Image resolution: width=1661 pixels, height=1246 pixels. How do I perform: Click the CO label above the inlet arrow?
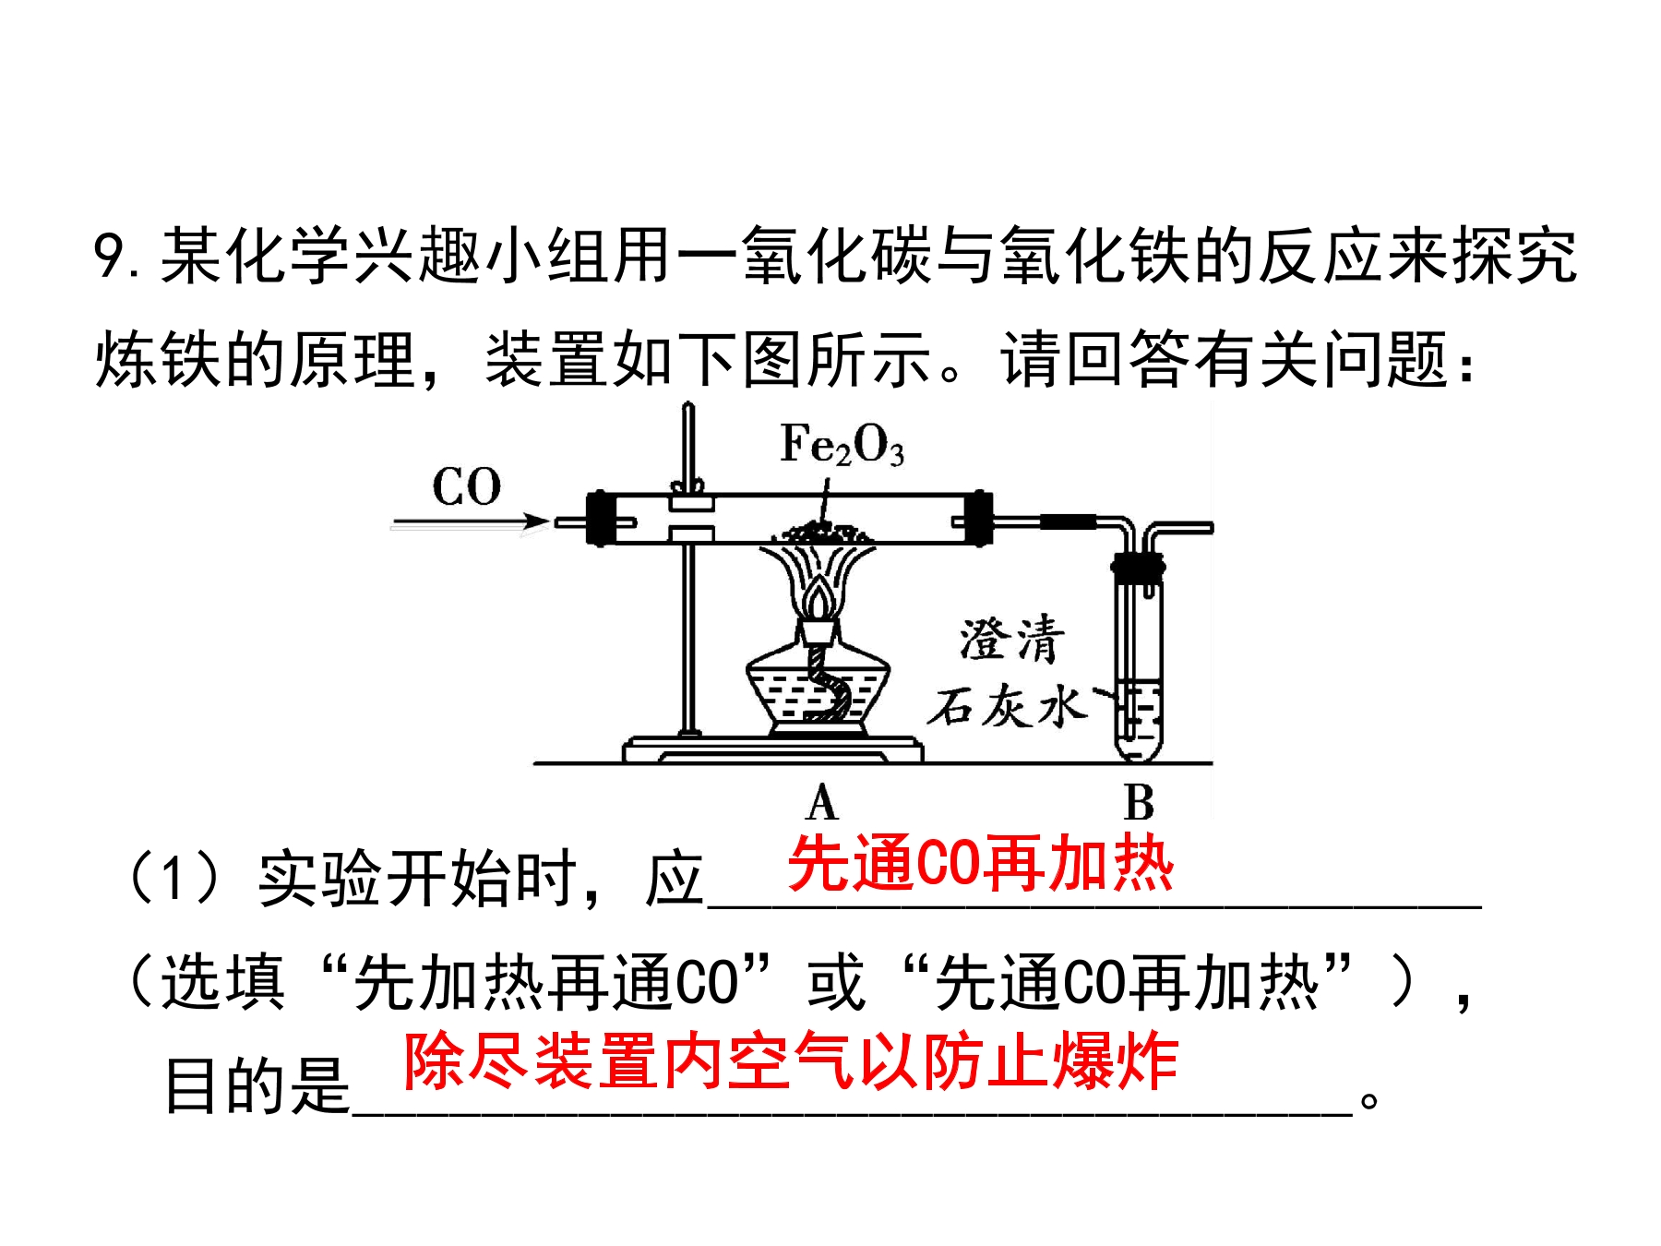[x=466, y=486]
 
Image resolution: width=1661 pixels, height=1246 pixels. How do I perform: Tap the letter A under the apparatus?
[x=821, y=802]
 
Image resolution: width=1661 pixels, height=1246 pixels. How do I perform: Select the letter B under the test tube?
[x=1140, y=802]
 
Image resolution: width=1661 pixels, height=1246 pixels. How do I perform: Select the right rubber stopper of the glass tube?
[x=978, y=519]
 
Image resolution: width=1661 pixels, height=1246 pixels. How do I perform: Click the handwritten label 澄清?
[x=1011, y=639]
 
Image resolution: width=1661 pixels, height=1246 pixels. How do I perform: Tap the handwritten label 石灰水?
[x=1007, y=707]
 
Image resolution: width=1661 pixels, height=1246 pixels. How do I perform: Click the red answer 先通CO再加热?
[x=980, y=864]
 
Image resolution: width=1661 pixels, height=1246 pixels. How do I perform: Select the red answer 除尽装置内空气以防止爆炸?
[x=791, y=1060]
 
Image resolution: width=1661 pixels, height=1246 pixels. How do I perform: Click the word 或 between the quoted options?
[x=836, y=982]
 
